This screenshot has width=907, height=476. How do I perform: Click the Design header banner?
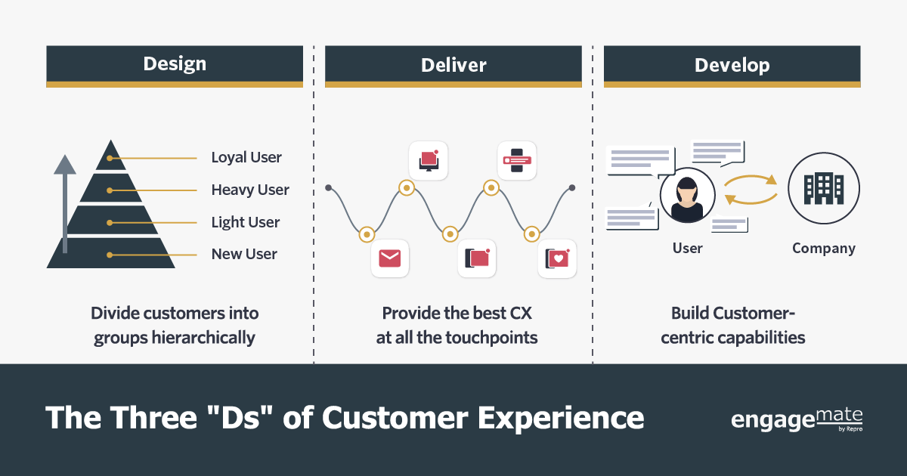[175, 66]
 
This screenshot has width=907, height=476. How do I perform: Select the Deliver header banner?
[453, 66]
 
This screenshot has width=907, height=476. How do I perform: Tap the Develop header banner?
[732, 66]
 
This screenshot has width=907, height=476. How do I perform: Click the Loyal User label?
[246, 157]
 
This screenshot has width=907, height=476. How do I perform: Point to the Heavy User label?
[250, 190]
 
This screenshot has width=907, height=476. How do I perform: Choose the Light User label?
[246, 222]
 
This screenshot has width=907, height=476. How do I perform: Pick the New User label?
[244, 254]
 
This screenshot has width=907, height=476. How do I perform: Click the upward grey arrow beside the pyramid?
[65, 203]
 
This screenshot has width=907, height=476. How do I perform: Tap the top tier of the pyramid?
[110, 156]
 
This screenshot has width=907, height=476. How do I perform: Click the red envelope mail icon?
[390, 258]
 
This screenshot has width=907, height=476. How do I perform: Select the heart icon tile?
[557, 258]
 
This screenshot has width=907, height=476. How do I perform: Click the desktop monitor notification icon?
[429, 161]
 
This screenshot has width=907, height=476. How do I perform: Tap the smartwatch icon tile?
[517, 161]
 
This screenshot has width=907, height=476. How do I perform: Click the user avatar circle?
[688, 195]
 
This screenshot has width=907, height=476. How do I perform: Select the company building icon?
[824, 188]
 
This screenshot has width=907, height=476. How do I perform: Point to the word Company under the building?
[824, 248]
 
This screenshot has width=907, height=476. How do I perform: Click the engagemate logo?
[797, 420]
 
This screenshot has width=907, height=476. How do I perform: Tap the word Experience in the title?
[561, 419]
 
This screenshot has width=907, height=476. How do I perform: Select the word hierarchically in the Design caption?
[203, 338]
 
